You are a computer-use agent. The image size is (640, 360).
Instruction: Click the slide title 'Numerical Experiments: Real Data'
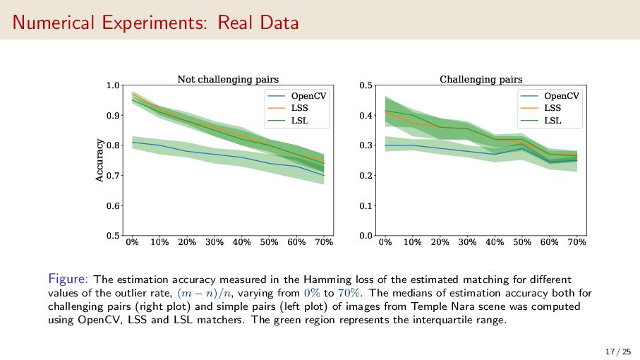tap(155, 23)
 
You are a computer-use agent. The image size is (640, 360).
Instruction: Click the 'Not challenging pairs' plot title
tap(228, 79)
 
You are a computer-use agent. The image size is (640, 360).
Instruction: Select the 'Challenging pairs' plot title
tap(481, 79)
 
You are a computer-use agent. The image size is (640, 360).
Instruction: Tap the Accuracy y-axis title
tap(99, 161)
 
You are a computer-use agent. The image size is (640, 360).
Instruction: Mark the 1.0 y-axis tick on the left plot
tap(112, 86)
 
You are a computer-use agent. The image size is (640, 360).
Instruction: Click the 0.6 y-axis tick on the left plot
tap(112, 206)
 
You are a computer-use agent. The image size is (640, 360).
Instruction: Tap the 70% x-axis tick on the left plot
tap(323, 242)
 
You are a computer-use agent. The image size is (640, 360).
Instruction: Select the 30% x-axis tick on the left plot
tap(214, 242)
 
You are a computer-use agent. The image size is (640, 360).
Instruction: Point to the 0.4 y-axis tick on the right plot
tap(366, 116)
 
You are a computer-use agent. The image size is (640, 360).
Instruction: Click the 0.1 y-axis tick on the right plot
tap(366, 206)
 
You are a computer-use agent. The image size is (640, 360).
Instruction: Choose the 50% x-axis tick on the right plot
tap(522, 242)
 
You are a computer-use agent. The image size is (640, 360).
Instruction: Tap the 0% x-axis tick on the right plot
tap(385, 242)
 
